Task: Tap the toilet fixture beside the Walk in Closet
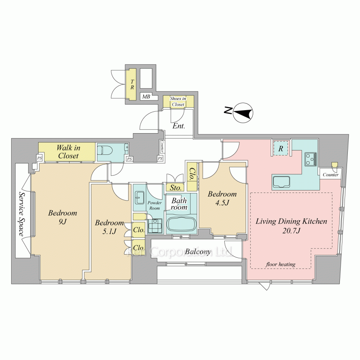click(105, 150)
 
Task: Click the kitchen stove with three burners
click(311, 159)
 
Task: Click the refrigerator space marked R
click(280, 149)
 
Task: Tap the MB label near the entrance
click(146, 96)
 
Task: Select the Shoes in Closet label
click(178, 102)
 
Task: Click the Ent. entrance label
click(179, 126)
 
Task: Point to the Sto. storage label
click(176, 188)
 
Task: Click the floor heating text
click(280, 264)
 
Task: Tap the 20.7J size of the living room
click(291, 231)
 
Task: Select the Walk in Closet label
click(68, 152)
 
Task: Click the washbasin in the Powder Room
click(139, 197)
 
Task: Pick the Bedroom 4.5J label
click(222, 198)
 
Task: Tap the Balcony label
click(198, 252)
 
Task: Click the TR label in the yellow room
click(132, 84)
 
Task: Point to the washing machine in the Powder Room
click(155, 226)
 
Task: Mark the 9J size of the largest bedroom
click(62, 222)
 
